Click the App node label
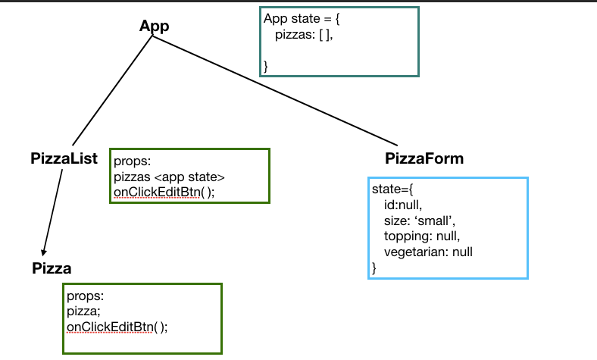click(x=154, y=26)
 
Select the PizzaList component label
click(x=64, y=158)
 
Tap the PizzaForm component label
click(x=424, y=158)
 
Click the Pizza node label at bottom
click(x=52, y=268)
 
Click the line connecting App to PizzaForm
click(x=273, y=89)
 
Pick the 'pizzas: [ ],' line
click(x=304, y=35)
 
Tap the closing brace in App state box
click(x=266, y=67)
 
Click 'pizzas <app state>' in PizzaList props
click(x=169, y=177)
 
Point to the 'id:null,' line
click(x=402, y=205)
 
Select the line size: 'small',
click(x=419, y=221)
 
